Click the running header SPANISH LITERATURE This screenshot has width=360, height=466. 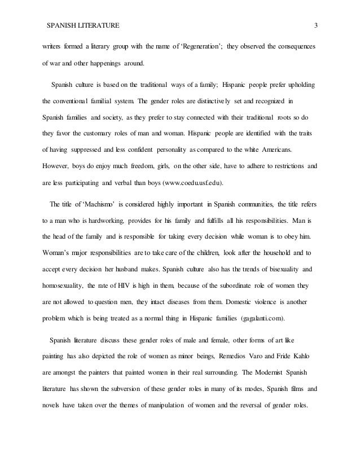click(82, 25)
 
